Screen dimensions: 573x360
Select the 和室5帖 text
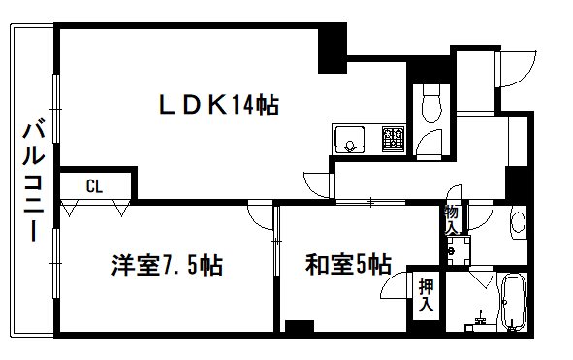click(x=348, y=263)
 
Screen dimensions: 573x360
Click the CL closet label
click(x=94, y=184)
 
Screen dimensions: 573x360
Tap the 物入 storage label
click(x=452, y=219)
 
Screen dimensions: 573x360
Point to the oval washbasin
click(x=517, y=223)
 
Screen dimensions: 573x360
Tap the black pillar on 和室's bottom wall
click(x=302, y=327)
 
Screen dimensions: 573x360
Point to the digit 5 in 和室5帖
click(x=360, y=263)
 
